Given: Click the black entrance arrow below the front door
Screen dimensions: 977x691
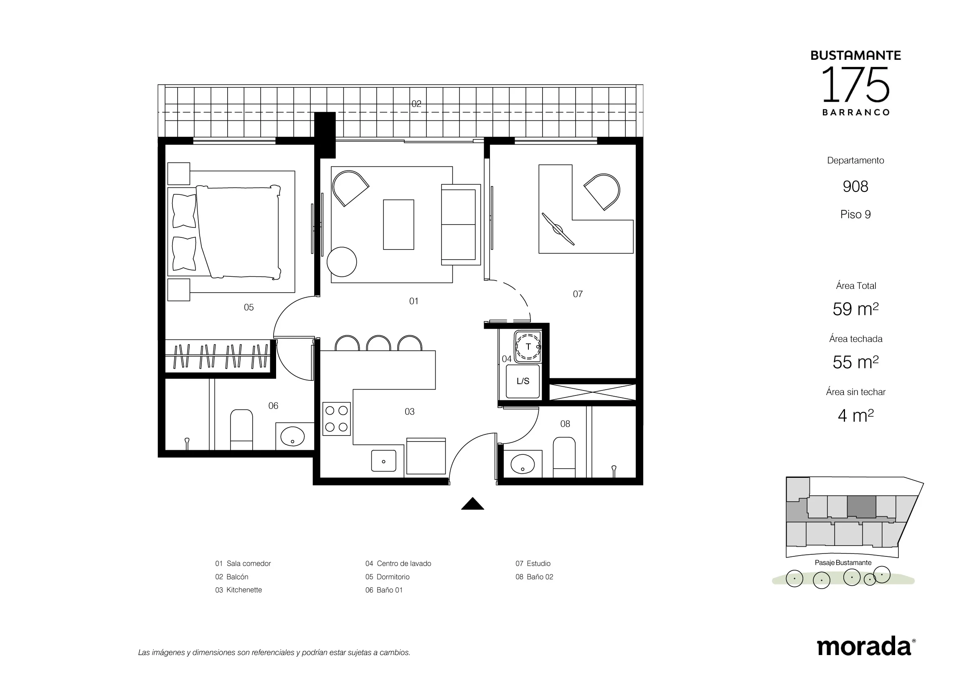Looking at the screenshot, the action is click(472, 505).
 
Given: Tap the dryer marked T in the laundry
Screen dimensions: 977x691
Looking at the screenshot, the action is click(528, 347).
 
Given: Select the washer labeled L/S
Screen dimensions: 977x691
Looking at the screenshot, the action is click(523, 381).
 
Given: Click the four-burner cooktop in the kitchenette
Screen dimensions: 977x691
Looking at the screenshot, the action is click(337, 419).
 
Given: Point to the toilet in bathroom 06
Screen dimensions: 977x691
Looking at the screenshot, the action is click(241, 430).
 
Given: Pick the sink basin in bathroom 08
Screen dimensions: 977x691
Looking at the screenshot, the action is click(523, 464).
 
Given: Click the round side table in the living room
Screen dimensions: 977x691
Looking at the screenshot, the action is click(342, 262).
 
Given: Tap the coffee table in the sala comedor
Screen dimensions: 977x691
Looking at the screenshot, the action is click(398, 224).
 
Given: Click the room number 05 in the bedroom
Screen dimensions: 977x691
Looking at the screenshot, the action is click(249, 307).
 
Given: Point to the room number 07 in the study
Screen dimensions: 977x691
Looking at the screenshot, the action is click(577, 294).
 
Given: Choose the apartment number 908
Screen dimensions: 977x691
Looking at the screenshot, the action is click(855, 186).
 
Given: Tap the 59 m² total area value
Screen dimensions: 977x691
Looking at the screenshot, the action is click(855, 309).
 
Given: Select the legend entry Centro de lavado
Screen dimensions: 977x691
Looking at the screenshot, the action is click(398, 564).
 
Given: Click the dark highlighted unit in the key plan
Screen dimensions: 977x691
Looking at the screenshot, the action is click(861, 507).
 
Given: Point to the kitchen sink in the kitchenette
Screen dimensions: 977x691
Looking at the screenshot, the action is click(383, 461).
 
